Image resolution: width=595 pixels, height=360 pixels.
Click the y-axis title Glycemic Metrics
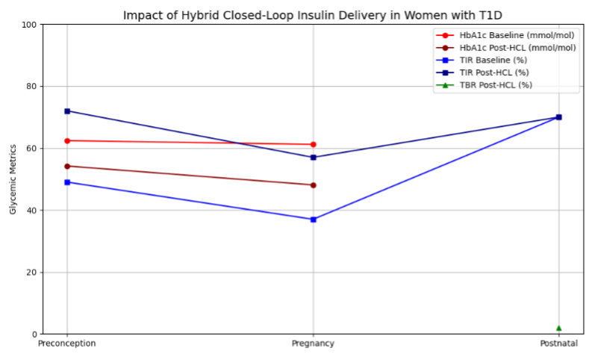(x=13, y=179)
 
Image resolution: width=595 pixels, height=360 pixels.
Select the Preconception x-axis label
(x=67, y=344)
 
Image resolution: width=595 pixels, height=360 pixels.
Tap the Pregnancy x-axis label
(x=313, y=344)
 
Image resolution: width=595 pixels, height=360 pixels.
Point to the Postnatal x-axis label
(x=558, y=344)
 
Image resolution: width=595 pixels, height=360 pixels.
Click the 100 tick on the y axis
(x=30, y=25)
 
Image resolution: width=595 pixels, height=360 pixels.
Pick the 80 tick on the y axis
(x=32, y=87)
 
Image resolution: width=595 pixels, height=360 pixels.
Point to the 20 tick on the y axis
(x=32, y=273)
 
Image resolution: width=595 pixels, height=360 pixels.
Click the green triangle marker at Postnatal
(x=558, y=328)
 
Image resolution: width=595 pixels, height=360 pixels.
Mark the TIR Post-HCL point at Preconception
(x=67, y=111)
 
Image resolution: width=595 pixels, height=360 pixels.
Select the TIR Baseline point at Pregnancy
(x=314, y=220)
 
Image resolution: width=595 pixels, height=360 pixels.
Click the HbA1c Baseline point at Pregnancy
(x=314, y=144)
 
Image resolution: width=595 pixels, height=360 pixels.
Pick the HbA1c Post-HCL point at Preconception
(x=67, y=166)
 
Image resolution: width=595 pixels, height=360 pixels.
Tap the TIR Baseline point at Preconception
(x=67, y=182)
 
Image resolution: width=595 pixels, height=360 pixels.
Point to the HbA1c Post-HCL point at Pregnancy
(x=314, y=185)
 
